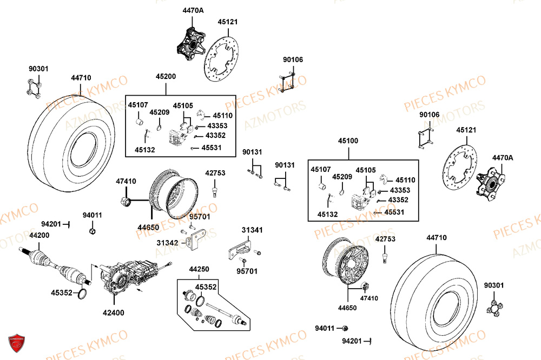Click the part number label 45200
[x=166, y=77]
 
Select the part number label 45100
[x=348, y=141]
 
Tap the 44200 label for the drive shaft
[x=39, y=235]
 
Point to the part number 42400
[x=114, y=312]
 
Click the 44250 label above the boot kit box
[x=199, y=269]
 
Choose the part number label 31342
[x=168, y=243]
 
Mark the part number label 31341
[x=252, y=230]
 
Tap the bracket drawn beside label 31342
[x=194, y=238]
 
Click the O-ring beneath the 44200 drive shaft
[x=83, y=294]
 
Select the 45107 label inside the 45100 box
[x=321, y=169]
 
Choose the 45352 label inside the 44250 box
[x=206, y=287]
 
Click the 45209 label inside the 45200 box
[x=160, y=112]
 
